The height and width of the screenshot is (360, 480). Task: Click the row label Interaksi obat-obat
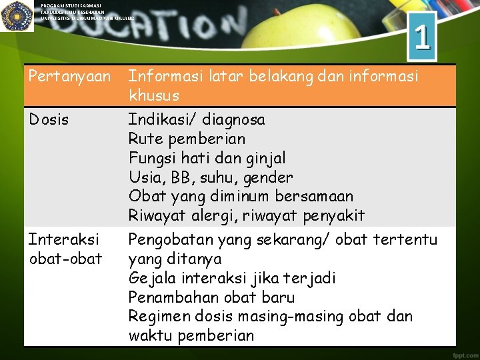tap(65, 249)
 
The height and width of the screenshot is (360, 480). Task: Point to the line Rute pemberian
tap(187, 139)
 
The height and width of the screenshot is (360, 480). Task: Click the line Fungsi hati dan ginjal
tap(207, 159)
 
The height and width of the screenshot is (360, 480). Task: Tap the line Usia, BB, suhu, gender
tap(210, 178)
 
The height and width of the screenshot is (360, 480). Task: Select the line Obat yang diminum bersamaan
tap(241, 197)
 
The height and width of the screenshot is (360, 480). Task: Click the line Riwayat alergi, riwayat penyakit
tap(246, 216)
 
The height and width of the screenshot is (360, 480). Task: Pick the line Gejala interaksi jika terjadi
tap(233, 278)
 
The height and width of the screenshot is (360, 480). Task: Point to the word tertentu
tap(405, 239)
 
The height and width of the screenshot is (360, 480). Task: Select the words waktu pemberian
tap(191, 335)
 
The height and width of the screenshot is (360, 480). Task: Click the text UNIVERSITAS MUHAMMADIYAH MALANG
tap(87, 18)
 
